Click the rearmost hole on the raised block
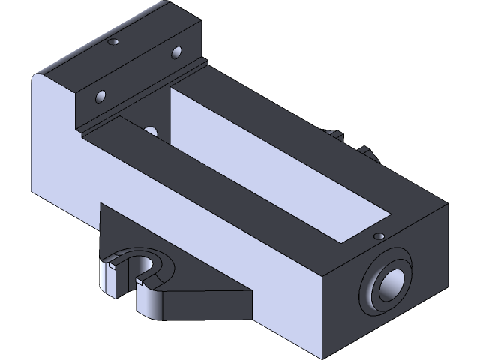[115, 43]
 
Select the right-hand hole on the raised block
[178, 52]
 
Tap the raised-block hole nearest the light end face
[100, 97]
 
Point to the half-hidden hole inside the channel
[151, 132]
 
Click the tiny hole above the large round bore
[379, 236]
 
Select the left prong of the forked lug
[109, 277]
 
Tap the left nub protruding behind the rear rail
[334, 135]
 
